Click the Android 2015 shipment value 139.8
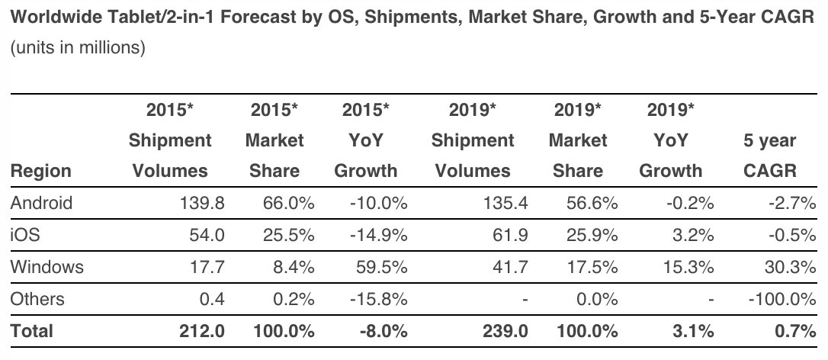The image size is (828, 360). tap(201, 203)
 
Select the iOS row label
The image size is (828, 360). tap(24, 235)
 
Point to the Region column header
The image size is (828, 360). tap(40, 170)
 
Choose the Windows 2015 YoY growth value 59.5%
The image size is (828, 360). tap(378, 267)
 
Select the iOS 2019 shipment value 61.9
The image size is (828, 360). tap(510, 235)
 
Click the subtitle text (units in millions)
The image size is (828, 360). tap(77, 48)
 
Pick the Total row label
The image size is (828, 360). tap(31, 331)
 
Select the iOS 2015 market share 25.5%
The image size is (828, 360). tap(290, 235)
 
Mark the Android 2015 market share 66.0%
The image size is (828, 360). tap(290, 203)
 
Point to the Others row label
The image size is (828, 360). tap(37, 299)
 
